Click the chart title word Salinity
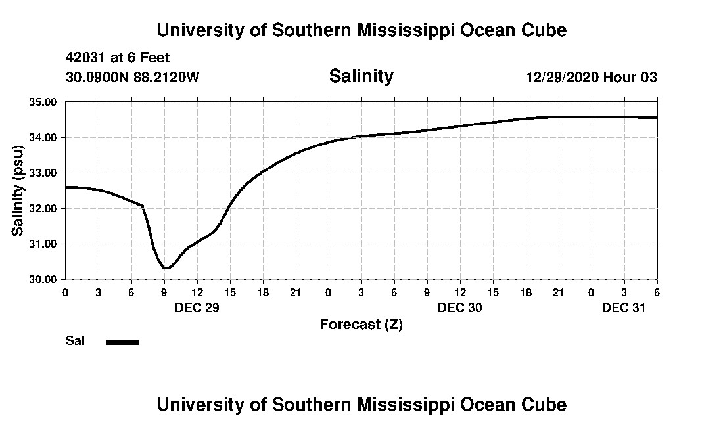[x=361, y=76]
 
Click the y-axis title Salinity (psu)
[x=18, y=191]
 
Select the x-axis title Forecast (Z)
[x=361, y=324]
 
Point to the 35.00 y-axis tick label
[x=43, y=102]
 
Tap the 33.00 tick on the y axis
[x=43, y=173]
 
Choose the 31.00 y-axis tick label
[x=43, y=244]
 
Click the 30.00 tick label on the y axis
[x=43, y=279]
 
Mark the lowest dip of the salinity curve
[x=166, y=268]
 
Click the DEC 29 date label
[x=197, y=307]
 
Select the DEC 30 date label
[x=459, y=307]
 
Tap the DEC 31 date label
[x=624, y=307]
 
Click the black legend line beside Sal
[x=123, y=342]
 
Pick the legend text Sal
[x=75, y=341]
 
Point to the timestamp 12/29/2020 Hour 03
[x=592, y=78]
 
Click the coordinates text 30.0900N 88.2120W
[x=132, y=78]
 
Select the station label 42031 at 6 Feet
[x=118, y=58]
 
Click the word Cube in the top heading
[x=543, y=30]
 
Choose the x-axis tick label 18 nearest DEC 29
[x=262, y=292]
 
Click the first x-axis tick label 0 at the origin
[x=65, y=292]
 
